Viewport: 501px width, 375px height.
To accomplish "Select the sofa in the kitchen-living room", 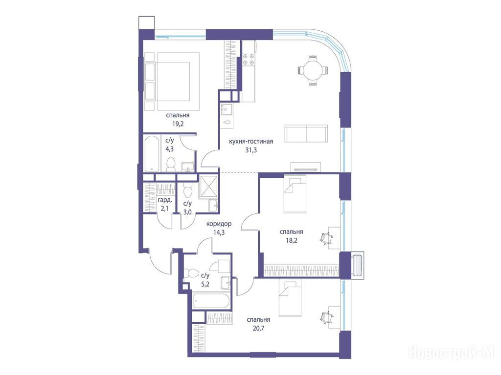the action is pos(306,134).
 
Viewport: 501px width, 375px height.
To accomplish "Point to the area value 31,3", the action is pos(251,149).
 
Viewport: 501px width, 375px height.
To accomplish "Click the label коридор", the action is pos(219,224).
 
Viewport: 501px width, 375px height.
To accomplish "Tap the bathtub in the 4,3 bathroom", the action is pos(152,154).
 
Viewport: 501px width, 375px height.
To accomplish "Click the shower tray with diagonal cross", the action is pos(208,186).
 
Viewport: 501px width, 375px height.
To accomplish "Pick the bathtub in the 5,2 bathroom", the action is pos(211,301).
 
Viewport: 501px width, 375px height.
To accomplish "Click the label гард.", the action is pos(165,201).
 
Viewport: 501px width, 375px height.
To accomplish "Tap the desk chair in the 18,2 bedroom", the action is pos(327,238).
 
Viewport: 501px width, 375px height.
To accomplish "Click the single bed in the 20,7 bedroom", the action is pos(290,298).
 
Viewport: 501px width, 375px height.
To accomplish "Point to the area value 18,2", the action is pos(292,240).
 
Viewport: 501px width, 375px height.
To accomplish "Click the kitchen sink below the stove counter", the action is pos(227,109).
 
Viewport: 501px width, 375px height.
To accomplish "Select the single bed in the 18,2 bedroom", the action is pos(295,195).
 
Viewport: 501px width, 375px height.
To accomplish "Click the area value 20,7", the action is pos(258,328).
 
